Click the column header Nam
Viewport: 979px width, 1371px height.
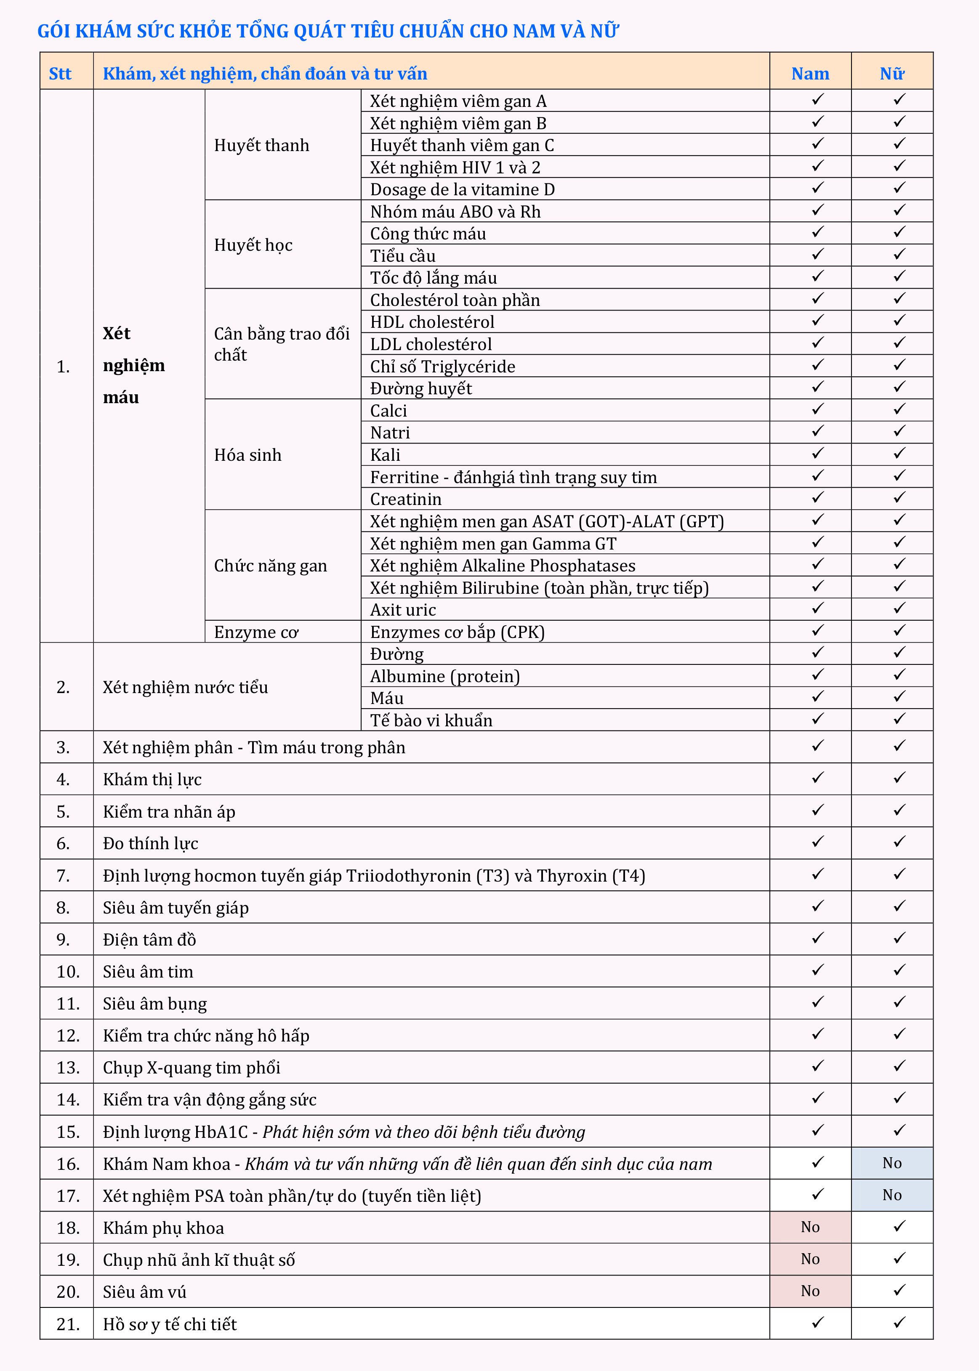click(810, 74)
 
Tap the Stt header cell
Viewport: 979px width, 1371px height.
click(60, 74)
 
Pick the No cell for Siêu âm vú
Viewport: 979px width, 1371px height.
click(810, 1291)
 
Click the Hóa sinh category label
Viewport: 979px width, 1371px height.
click(248, 455)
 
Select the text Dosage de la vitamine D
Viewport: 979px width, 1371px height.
click(463, 189)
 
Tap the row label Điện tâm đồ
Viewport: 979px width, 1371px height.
click(149, 940)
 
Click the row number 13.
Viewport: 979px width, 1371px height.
click(67, 1067)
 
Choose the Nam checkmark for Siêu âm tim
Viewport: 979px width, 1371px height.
click(817, 970)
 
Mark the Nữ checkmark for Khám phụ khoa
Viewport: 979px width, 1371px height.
click(899, 1226)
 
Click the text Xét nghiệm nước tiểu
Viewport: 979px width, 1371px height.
click(185, 687)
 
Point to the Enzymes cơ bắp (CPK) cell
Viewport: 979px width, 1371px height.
click(457, 632)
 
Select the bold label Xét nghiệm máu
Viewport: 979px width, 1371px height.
click(133, 365)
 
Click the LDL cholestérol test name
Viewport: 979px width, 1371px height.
click(431, 344)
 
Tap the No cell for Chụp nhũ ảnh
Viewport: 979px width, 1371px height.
click(810, 1259)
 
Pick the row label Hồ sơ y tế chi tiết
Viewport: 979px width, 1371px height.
click(169, 1324)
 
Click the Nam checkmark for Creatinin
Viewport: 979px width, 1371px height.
click(817, 498)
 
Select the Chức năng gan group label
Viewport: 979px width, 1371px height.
click(270, 565)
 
